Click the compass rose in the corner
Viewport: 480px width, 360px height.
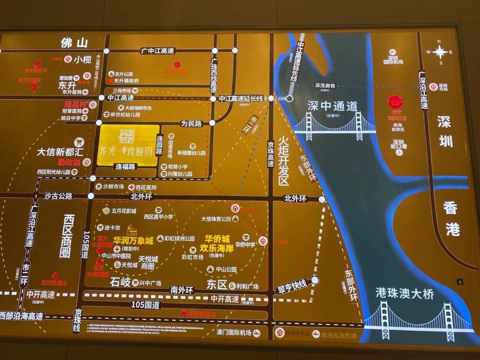(x=440, y=52)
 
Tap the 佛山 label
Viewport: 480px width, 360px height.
(x=74, y=43)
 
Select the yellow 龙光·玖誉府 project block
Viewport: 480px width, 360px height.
(x=128, y=145)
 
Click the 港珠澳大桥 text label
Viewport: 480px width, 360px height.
(x=404, y=294)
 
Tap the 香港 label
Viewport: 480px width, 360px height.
(x=452, y=218)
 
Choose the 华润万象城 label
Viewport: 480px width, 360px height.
(x=133, y=240)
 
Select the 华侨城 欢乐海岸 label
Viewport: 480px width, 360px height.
(x=217, y=244)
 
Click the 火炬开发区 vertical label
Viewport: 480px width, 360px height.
(x=284, y=160)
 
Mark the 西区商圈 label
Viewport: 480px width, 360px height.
(x=68, y=236)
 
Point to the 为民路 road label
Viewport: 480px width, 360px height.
(x=191, y=123)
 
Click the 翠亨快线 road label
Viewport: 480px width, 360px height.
(x=292, y=284)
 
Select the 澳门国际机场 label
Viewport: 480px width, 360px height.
(x=234, y=332)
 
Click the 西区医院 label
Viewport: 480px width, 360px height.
(x=146, y=188)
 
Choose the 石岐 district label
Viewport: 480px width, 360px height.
(x=120, y=282)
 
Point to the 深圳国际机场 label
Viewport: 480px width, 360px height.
(x=393, y=60)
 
